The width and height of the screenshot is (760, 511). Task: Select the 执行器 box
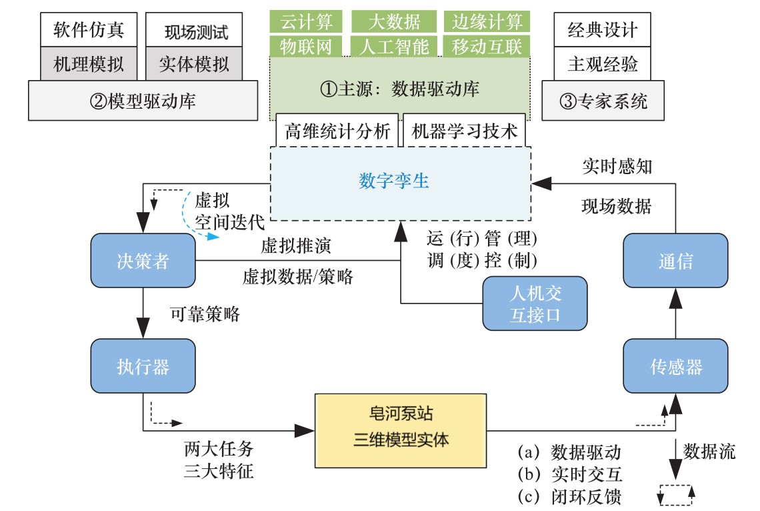[x=143, y=366]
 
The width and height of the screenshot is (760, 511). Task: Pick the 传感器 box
[x=675, y=366]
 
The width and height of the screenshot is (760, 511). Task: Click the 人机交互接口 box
[x=535, y=304]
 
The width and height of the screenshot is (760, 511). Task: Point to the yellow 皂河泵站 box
[x=401, y=428]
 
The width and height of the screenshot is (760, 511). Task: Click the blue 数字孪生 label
[x=394, y=181]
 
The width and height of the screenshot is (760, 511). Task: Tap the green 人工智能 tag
[x=394, y=47]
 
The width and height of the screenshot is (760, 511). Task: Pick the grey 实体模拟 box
[x=193, y=64]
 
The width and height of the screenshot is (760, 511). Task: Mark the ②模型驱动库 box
[x=143, y=101]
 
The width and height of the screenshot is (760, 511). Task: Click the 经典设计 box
[x=602, y=29]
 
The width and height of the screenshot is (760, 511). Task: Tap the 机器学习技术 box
[x=464, y=131]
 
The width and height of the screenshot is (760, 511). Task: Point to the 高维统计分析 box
[x=337, y=131]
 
